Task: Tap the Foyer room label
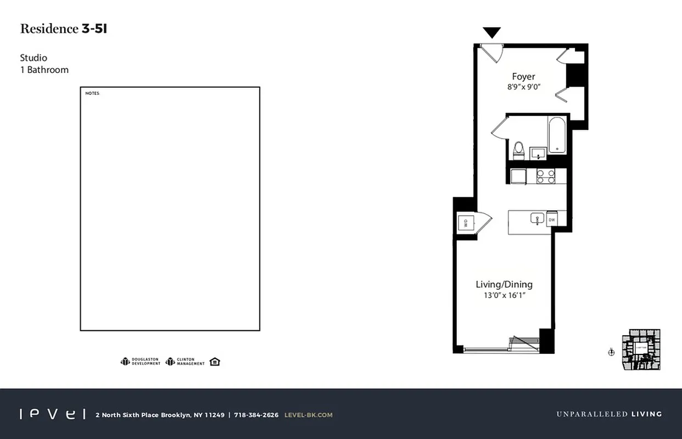(x=523, y=77)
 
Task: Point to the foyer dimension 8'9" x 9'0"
(x=523, y=87)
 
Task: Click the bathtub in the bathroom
(x=557, y=135)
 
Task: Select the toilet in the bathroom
(x=518, y=149)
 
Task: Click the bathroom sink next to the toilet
(x=538, y=153)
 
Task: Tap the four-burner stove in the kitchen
(x=546, y=176)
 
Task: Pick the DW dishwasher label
(x=552, y=220)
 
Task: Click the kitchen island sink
(x=536, y=218)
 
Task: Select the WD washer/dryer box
(x=465, y=223)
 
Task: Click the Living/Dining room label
(x=504, y=284)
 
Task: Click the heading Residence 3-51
(x=64, y=29)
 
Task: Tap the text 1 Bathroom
(x=44, y=70)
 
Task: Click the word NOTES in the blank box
(x=92, y=93)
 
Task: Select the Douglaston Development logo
(x=141, y=362)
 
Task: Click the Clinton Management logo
(x=185, y=362)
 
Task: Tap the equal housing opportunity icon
(x=215, y=362)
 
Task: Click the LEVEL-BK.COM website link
(x=308, y=415)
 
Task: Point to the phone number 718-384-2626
(x=256, y=415)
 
